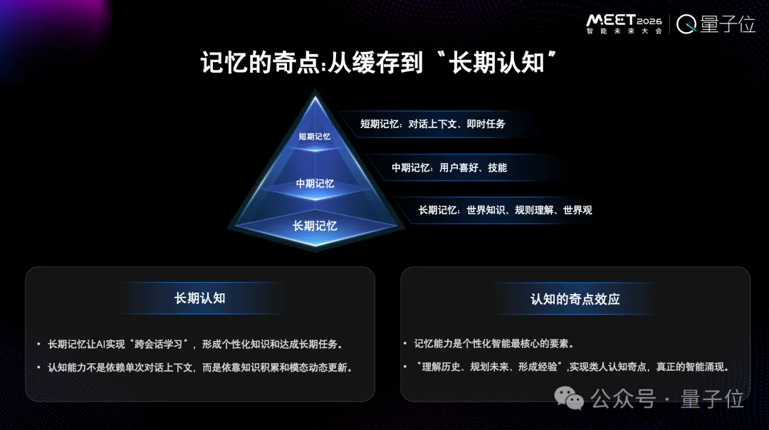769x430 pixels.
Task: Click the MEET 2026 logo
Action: (x=624, y=19)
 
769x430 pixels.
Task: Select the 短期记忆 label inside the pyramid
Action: (x=314, y=136)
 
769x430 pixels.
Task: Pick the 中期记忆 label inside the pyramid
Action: (x=315, y=183)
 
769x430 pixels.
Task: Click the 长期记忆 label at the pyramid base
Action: (x=315, y=226)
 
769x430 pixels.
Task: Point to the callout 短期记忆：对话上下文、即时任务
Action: (x=432, y=124)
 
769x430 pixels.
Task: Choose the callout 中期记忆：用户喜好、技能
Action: (x=449, y=167)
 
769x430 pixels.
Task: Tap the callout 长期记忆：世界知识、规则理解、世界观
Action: (x=505, y=210)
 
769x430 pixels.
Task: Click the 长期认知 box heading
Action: (x=199, y=298)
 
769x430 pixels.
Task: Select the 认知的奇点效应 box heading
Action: (x=575, y=299)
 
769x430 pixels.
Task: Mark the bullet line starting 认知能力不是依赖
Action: (x=200, y=367)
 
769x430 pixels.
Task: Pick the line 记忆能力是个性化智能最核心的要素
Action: (x=494, y=344)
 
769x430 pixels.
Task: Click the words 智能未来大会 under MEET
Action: (x=624, y=31)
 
